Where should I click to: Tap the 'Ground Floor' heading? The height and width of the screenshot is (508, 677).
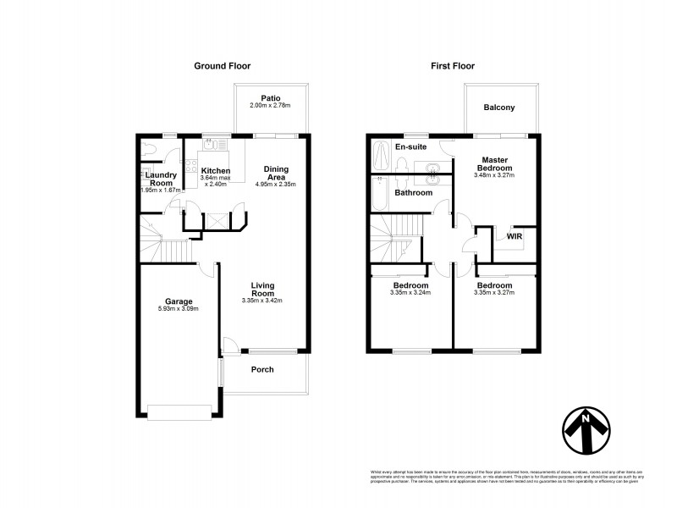pyautogui.click(x=222, y=66)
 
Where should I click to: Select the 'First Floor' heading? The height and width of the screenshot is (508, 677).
pyautogui.click(x=452, y=66)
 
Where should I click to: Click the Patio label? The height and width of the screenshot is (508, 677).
pyautogui.click(x=270, y=97)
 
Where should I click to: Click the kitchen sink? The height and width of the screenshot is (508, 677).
pyautogui.click(x=212, y=145)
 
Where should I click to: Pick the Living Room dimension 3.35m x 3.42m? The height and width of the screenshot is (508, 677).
pyautogui.click(x=261, y=301)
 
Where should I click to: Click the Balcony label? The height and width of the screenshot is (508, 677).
pyautogui.click(x=499, y=108)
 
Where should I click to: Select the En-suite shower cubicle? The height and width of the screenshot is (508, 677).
pyautogui.click(x=381, y=154)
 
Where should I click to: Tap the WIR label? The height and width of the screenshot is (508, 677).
pyautogui.click(x=515, y=237)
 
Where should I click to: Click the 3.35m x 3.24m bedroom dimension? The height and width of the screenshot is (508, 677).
pyautogui.click(x=410, y=293)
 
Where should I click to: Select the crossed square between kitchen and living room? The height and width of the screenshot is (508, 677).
pyautogui.click(x=214, y=218)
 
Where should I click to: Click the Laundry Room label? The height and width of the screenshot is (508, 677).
pyautogui.click(x=159, y=179)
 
